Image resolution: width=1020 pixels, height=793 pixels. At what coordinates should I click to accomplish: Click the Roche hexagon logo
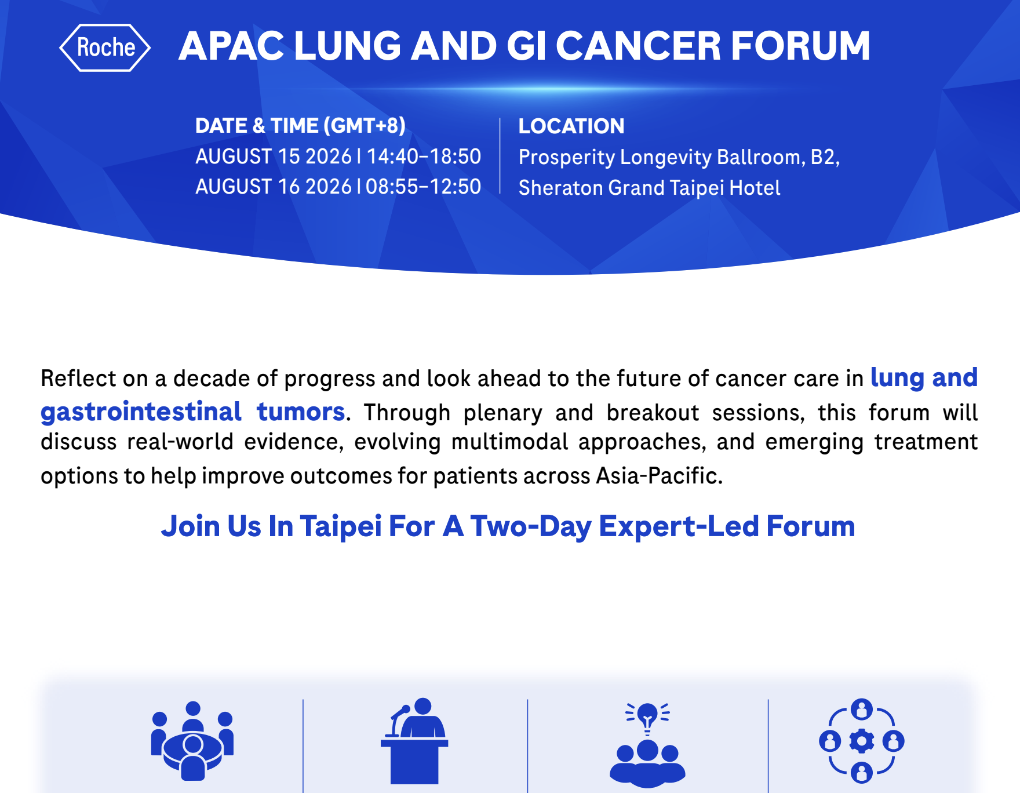(105, 48)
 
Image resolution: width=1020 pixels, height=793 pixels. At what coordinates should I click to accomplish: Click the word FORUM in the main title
(800, 46)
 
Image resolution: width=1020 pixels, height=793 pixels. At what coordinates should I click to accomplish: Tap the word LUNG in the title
(347, 46)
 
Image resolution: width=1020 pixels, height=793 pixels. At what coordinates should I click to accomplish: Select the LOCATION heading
(571, 126)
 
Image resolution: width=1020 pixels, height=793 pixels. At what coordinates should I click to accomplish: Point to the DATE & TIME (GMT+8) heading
(300, 125)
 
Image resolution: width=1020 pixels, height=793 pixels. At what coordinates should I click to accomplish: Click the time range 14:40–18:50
(424, 157)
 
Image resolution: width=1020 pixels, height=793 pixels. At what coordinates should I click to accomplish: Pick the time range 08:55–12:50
(424, 187)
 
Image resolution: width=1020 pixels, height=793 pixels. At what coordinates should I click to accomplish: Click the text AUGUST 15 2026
(274, 157)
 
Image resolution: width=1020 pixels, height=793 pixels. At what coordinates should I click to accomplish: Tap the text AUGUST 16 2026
(274, 187)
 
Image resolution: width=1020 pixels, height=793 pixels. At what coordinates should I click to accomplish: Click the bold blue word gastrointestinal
(141, 412)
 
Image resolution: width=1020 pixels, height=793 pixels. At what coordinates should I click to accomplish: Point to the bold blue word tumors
(301, 412)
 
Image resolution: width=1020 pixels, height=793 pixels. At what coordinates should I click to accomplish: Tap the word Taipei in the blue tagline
(341, 526)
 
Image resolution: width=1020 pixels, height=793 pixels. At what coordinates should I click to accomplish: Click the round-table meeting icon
(192, 740)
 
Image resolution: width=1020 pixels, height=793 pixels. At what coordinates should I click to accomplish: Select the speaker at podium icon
(414, 740)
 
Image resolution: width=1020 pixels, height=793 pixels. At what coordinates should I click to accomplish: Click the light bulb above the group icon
(647, 718)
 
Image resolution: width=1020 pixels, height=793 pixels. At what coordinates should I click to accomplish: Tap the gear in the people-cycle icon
(862, 741)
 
